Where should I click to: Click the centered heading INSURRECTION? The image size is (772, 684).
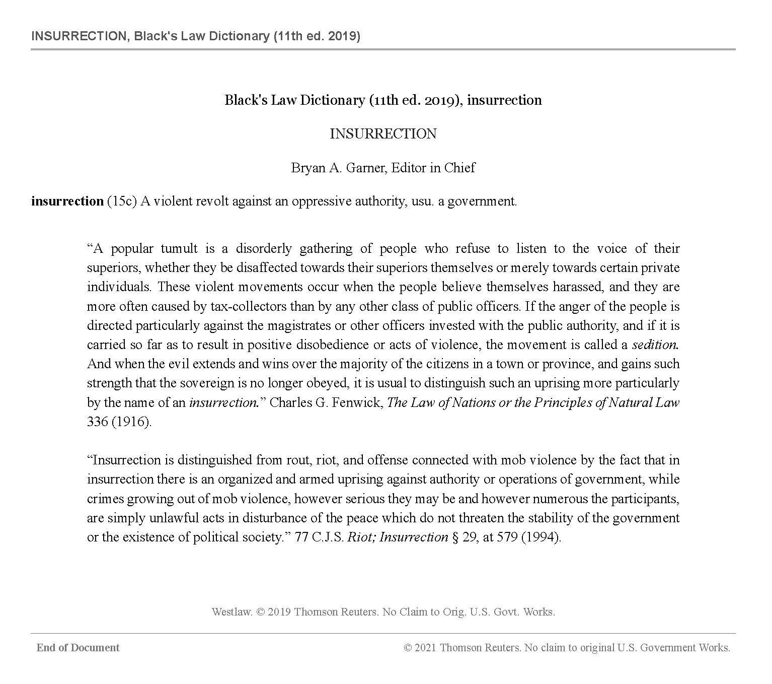point(383,134)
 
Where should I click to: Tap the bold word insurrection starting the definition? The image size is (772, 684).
point(67,201)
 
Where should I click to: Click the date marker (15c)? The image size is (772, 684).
point(122,201)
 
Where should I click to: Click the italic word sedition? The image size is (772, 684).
point(655,345)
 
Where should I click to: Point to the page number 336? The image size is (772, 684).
point(97,422)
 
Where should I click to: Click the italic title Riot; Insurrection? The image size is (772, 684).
point(398,537)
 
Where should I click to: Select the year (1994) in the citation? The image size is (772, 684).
point(541,537)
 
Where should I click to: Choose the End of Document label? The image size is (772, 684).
point(78,648)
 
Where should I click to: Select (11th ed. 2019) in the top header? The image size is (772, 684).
point(317,36)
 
